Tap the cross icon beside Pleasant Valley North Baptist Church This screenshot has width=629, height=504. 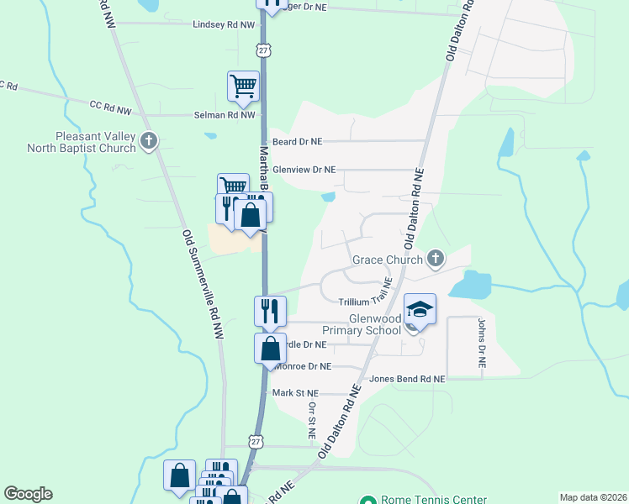point(150,140)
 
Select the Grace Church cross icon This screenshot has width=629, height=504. point(435,258)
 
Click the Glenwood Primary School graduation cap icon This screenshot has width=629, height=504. point(420,309)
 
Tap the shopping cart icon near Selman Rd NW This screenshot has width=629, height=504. point(243,86)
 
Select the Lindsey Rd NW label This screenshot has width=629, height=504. point(223,25)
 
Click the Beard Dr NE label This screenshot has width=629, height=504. point(298,142)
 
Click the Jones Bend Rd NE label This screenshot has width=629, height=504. point(406,380)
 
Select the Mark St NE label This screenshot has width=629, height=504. point(296,393)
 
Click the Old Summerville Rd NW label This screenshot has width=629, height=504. point(204,285)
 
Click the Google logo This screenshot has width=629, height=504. point(28,494)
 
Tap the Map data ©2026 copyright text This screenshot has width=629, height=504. point(592,497)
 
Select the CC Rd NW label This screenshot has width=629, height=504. point(110,106)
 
